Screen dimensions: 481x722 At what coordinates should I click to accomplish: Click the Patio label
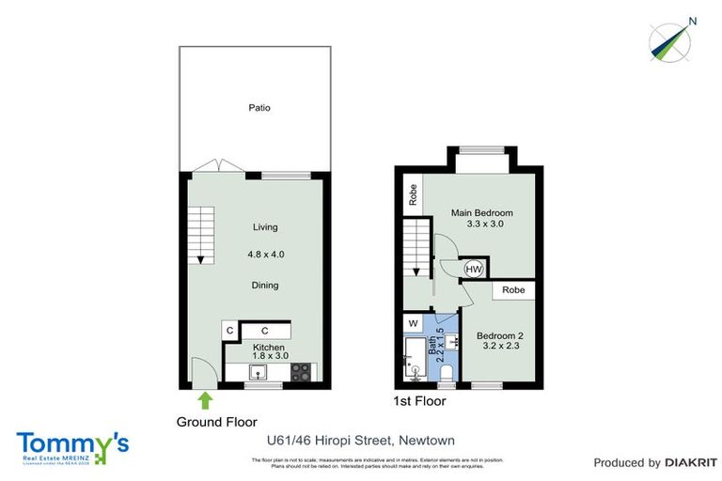pyautogui.click(x=259, y=108)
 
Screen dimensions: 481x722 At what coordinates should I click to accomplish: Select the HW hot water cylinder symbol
pyautogui.click(x=476, y=269)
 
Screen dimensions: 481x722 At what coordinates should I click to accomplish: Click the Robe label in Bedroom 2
pyautogui.click(x=513, y=290)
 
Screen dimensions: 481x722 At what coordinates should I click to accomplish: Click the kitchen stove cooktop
pyautogui.click(x=301, y=371)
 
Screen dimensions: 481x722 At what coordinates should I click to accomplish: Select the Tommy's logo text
pyautogui.click(x=72, y=442)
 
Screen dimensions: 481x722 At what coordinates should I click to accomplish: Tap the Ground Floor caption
pyautogui.click(x=216, y=422)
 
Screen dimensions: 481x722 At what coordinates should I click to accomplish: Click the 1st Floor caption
pyautogui.click(x=419, y=401)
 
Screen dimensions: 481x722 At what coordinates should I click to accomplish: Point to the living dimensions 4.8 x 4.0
pyautogui.click(x=265, y=255)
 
